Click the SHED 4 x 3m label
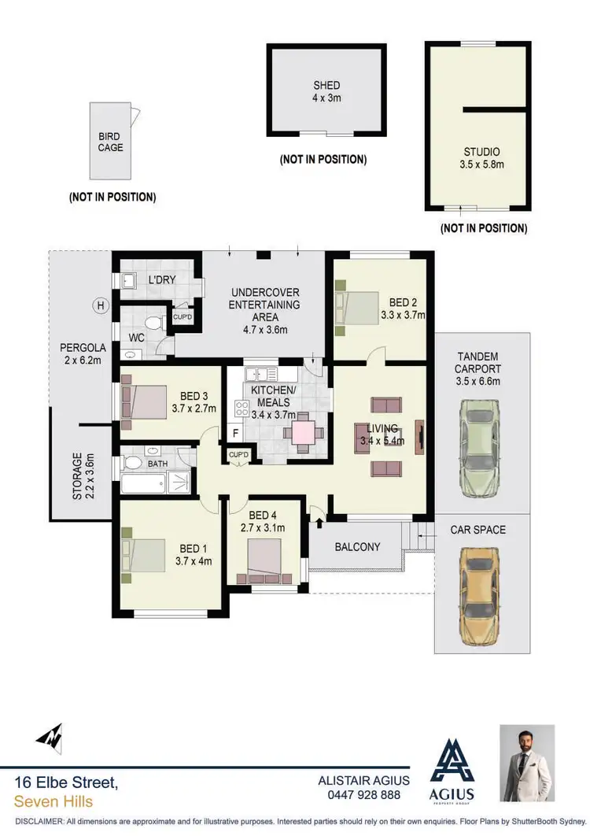(326, 91)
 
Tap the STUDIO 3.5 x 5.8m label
(481, 158)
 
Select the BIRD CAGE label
(110, 142)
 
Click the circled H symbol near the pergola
(100, 305)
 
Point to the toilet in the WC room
(155, 323)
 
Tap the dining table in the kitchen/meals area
(303, 432)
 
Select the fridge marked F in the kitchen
(234, 433)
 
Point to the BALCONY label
(357, 546)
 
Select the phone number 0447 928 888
(363, 795)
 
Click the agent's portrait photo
(527, 762)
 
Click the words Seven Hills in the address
(53, 801)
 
